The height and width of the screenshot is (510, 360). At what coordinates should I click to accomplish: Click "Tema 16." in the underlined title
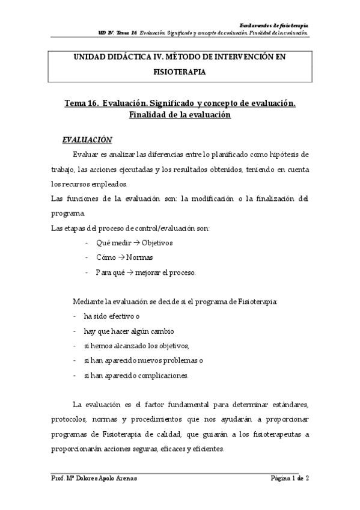(81, 103)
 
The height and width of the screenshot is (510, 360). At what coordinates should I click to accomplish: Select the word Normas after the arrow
(140, 257)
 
